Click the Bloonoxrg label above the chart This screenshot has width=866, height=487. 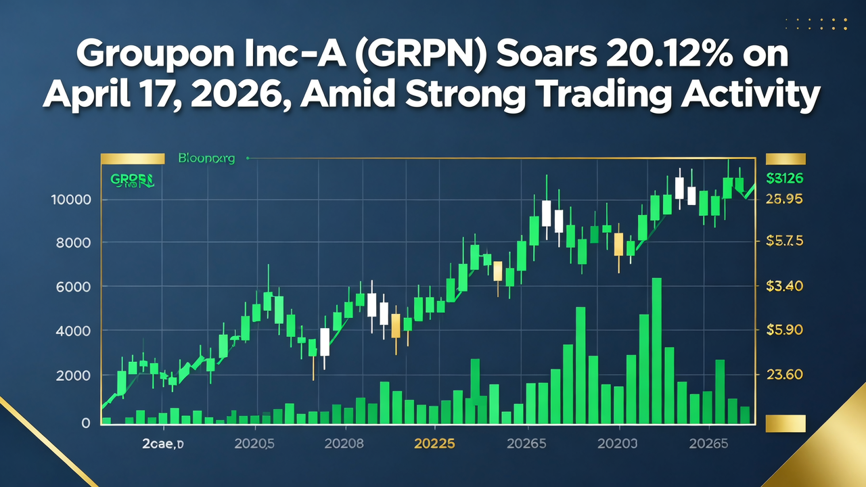(206, 159)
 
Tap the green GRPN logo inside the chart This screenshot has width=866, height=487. (131, 181)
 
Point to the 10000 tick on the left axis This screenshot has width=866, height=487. (70, 200)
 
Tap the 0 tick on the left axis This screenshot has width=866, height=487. (85, 423)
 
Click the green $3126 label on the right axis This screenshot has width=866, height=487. (785, 179)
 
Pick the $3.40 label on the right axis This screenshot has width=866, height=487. (783, 286)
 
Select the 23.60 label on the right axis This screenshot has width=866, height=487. (783, 374)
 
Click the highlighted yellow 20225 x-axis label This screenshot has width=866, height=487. (434, 444)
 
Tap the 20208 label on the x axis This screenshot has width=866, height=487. (344, 444)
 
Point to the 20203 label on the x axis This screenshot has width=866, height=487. (617, 444)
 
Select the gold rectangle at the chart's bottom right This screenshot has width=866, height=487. (785, 423)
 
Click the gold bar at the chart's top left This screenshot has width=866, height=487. (133, 159)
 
